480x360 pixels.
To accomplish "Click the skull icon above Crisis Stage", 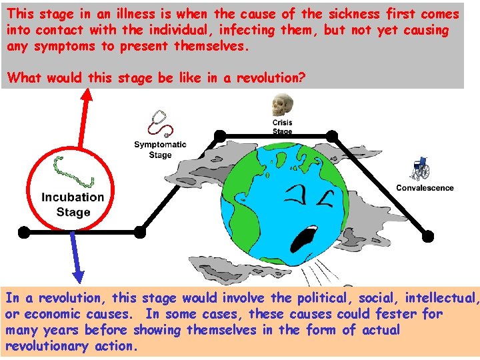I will pos(281,106).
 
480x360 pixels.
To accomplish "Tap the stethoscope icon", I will pos(161,124).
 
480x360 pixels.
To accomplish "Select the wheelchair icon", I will pos(421,169).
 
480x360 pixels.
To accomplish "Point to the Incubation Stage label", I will pos(73,205).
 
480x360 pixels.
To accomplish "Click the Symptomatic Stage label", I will pos(160,150).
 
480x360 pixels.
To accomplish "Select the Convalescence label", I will pos(425,188).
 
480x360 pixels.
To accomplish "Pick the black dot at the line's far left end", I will pos(24,232).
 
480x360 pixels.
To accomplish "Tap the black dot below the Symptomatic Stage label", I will pos(139,232).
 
